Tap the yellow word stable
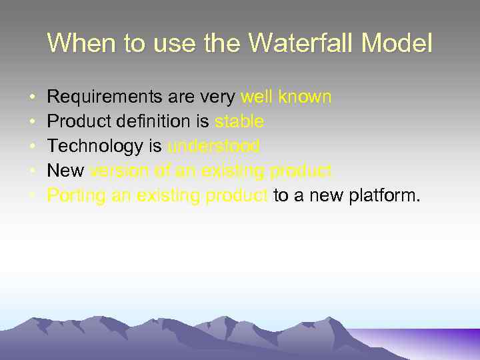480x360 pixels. (239, 122)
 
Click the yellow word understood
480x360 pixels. (213, 147)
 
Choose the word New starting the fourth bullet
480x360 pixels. (65, 171)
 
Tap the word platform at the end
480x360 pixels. (385, 196)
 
